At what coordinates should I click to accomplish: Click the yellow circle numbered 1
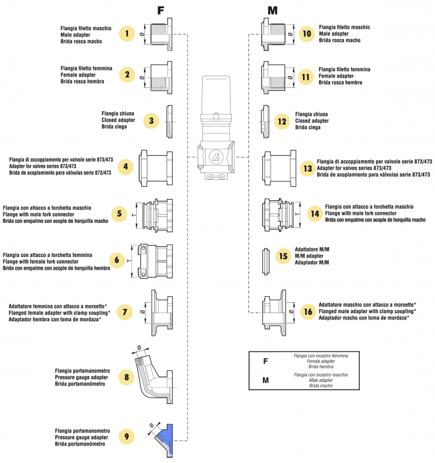tap(127, 34)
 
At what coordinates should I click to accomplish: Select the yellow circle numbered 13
tap(307, 168)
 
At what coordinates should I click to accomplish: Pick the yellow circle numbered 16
tap(307, 311)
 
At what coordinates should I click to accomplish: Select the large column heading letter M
tap(273, 11)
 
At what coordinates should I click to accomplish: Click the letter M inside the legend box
tap(265, 380)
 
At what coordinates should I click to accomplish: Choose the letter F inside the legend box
tap(265, 361)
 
